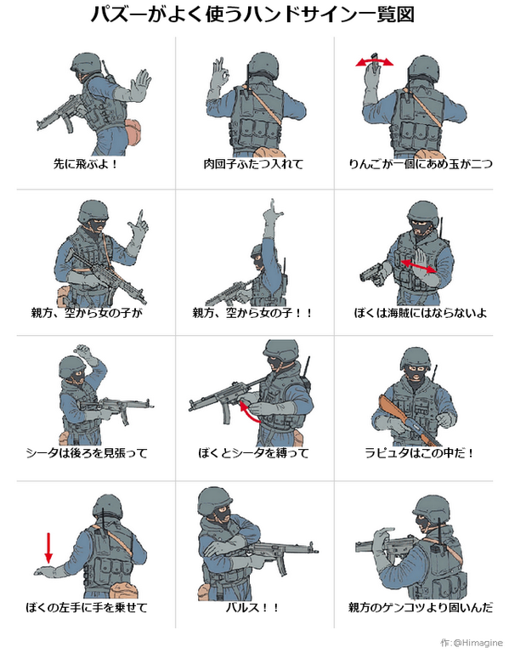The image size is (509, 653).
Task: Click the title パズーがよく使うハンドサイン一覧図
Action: (x=252, y=15)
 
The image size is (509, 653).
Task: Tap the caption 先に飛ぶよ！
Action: (x=86, y=163)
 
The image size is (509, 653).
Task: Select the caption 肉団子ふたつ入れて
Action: (x=253, y=163)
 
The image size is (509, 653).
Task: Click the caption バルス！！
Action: (x=252, y=607)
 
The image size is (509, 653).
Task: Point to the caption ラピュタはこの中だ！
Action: (x=420, y=452)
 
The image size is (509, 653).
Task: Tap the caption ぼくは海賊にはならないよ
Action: (x=421, y=312)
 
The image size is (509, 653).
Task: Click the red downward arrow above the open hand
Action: (x=48, y=548)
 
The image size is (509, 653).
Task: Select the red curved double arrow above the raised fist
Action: (x=374, y=61)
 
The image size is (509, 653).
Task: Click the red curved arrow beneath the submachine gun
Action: (x=247, y=410)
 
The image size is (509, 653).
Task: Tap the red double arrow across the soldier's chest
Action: (x=419, y=266)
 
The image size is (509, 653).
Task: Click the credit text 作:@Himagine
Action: (x=472, y=642)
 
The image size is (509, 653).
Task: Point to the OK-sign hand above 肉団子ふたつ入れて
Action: (x=219, y=74)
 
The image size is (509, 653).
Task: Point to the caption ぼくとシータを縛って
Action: (x=253, y=452)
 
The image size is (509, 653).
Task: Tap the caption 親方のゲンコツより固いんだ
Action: (x=421, y=607)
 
